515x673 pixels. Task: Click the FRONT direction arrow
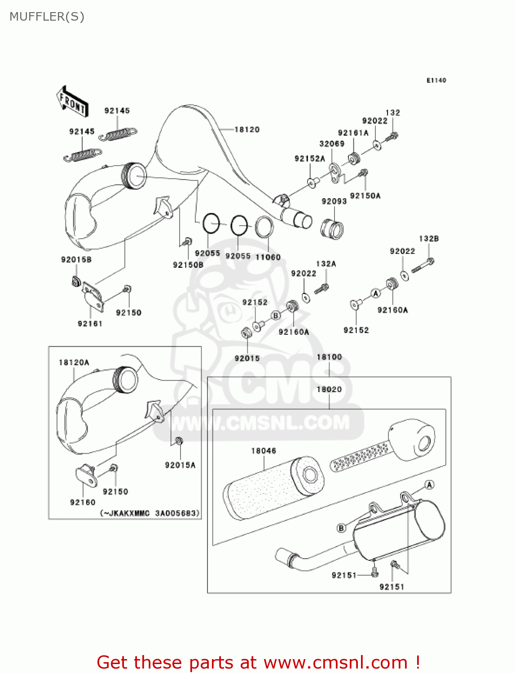72,101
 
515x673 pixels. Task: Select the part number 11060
268,257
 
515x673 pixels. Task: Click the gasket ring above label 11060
264,227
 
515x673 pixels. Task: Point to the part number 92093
334,201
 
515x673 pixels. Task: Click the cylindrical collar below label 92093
333,229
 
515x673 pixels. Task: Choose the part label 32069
332,144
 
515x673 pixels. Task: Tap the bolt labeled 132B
423,265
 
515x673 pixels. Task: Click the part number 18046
264,451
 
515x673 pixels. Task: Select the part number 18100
329,357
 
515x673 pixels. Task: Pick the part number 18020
329,389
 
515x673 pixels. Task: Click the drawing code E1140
436,80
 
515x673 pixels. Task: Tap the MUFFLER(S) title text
47,17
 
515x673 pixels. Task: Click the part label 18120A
74,363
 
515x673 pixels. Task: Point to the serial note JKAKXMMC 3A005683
150,513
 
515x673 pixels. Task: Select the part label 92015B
76,260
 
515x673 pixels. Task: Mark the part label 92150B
188,265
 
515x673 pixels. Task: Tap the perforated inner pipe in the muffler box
359,457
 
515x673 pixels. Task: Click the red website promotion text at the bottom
258,662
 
